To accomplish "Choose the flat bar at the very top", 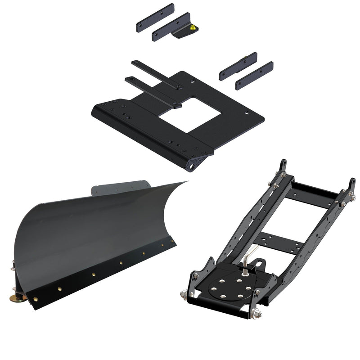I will coord(154,18).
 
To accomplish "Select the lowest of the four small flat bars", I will coord(254,76).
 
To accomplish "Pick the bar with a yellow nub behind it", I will coord(238,66).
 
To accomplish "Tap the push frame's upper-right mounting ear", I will coord(351,184).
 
